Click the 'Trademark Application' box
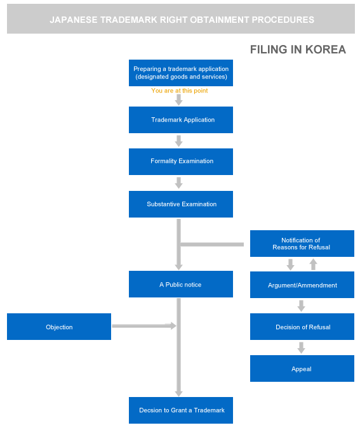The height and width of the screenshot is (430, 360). point(181,120)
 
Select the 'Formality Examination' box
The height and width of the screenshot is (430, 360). point(181,162)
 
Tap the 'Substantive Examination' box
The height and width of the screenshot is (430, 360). point(181,204)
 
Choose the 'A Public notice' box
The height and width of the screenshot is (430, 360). point(181,284)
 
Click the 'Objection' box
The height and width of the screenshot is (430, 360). point(59,327)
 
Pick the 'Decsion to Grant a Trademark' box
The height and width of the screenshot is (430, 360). point(181,410)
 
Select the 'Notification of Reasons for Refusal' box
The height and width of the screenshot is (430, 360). point(302,244)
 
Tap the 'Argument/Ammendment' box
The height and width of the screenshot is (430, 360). point(302,285)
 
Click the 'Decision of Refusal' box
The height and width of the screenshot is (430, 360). point(302,327)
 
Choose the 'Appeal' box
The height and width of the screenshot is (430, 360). point(302,368)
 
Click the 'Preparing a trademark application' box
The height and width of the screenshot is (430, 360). point(181,73)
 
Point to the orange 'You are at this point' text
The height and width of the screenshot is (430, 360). point(179,91)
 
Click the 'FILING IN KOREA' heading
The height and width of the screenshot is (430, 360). point(298,49)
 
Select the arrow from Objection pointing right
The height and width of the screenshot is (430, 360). point(144,326)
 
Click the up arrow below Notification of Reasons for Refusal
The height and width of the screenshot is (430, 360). point(313,264)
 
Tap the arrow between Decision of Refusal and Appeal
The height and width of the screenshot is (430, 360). point(301,348)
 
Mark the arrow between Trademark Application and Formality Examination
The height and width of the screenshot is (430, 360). point(179,141)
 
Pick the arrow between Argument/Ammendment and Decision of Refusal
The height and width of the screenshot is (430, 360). point(301,306)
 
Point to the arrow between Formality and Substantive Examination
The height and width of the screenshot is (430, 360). point(179,183)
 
